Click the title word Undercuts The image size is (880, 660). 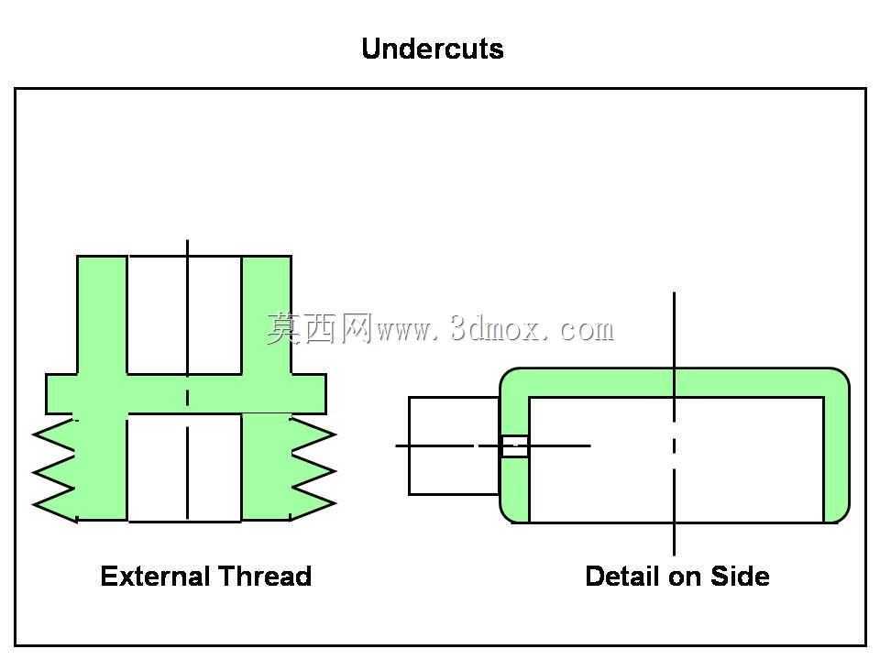pyautogui.click(x=432, y=49)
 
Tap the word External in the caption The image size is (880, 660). pyautogui.click(x=155, y=577)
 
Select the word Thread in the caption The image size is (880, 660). pyautogui.click(x=264, y=577)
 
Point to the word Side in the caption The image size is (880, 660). pyautogui.click(x=741, y=577)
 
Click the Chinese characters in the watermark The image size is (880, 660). pyautogui.click(x=320, y=328)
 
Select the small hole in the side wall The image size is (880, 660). pyautogui.click(x=514, y=446)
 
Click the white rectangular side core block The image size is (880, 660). pyautogui.click(x=454, y=446)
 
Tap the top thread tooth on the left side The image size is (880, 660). pyautogui.click(x=54, y=434)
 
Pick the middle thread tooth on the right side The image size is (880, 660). pyautogui.click(x=313, y=469)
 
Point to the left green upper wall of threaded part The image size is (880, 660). pyautogui.click(x=102, y=314)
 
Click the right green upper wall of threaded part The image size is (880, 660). pyautogui.click(x=267, y=314)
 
